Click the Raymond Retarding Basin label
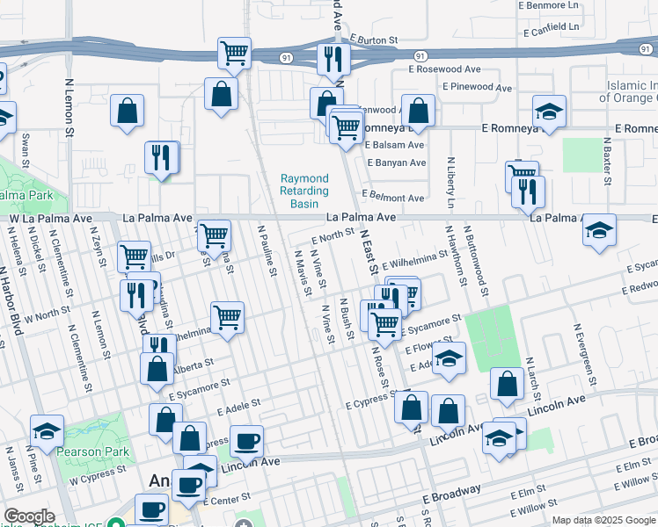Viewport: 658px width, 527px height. [304, 191]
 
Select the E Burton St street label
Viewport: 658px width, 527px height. [374, 40]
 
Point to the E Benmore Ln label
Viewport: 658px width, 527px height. [552, 5]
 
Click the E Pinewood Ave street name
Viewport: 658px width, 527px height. [477, 88]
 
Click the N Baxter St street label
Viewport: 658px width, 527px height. [607, 162]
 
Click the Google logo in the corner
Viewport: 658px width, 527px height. [29, 516]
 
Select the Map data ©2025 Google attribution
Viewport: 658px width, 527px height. [603, 520]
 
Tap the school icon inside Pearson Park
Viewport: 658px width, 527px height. [47, 430]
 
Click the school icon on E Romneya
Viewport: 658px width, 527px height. [549, 112]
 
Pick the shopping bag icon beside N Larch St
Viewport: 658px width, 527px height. [508, 384]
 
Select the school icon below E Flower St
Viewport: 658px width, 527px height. [449, 359]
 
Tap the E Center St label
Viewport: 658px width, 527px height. [227, 500]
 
